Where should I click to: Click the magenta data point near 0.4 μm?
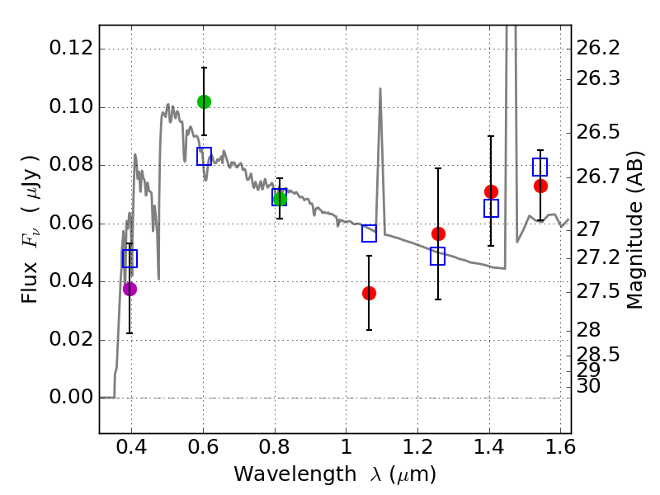point(130,289)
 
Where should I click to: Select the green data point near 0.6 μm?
point(204,101)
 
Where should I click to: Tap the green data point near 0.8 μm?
point(280,198)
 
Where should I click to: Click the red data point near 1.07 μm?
point(369,293)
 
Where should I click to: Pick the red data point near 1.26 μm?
point(438,233)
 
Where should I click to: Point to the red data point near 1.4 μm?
point(491,191)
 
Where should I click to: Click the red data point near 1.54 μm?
point(540,186)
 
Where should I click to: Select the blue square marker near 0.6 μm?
point(204,155)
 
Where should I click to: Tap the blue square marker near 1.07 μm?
point(369,233)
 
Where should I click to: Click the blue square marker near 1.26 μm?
point(438,256)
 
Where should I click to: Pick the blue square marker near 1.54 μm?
point(540,167)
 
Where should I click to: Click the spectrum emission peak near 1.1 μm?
point(380,88)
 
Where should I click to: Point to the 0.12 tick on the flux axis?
point(100,49)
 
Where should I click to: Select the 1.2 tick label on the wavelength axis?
point(417,449)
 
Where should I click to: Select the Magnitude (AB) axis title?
point(635,229)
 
